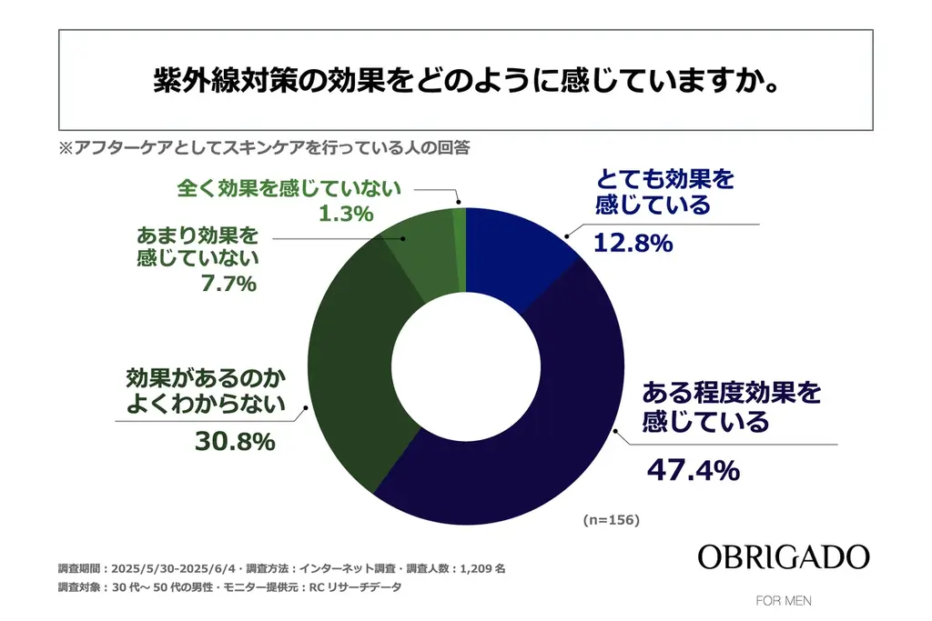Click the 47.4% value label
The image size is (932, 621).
[x=692, y=470]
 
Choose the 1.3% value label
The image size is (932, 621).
[x=347, y=215]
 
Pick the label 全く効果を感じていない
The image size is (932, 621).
[x=287, y=188]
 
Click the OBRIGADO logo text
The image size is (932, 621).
[x=784, y=557]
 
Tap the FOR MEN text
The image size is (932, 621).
[x=784, y=601]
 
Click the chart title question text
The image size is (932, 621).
[x=465, y=79]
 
